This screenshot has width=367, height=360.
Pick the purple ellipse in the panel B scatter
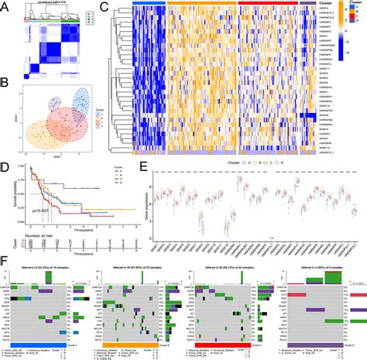pos(56,106)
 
